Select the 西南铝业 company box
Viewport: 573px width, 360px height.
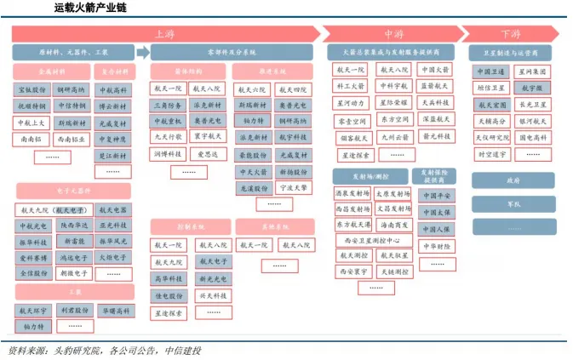(x=71, y=139)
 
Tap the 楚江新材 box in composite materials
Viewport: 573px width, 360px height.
(x=112, y=156)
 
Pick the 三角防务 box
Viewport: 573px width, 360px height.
(x=167, y=105)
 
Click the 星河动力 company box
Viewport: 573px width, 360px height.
(x=352, y=102)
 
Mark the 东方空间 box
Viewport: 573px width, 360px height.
(x=393, y=119)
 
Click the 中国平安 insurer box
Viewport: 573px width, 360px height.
(x=435, y=196)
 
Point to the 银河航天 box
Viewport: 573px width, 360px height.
(x=533, y=122)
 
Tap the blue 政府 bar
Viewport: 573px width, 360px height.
(x=513, y=181)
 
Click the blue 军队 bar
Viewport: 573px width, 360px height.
(x=513, y=204)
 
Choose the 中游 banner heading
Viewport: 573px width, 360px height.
(x=393, y=35)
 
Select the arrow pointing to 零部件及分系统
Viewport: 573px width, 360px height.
(x=142, y=53)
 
